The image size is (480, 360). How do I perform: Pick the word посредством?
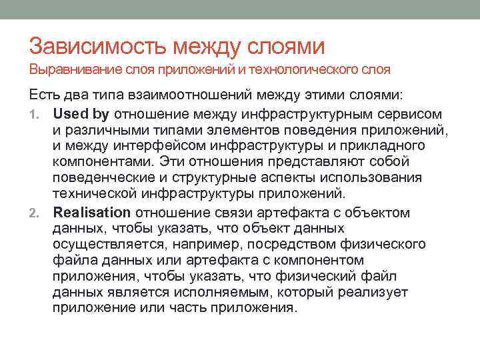click(298, 245)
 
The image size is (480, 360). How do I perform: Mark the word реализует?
click(375, 293)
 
